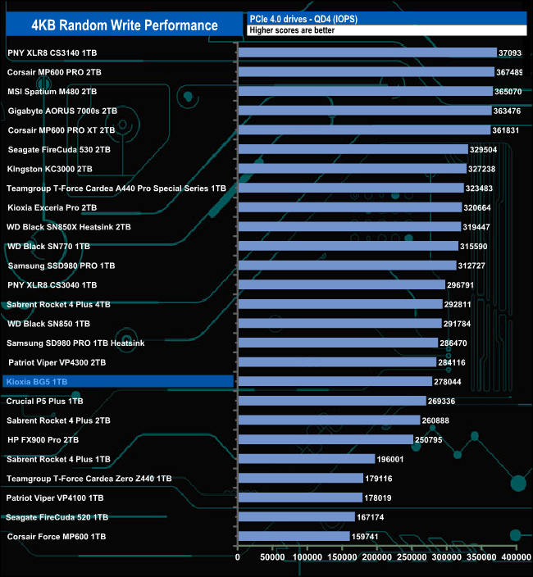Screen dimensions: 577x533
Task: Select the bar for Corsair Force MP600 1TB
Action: tap(293, 536)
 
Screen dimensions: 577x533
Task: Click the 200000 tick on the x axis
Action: tap(377, 557)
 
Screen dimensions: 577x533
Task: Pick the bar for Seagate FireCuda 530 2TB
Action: tap(352, 149)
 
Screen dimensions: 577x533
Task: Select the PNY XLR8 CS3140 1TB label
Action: tap(57, 52)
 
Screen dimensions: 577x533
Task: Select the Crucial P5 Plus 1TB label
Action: tap(45, 401)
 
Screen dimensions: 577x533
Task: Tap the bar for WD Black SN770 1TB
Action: tap(348, 246)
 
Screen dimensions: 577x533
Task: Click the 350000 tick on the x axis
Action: tap(481, 557)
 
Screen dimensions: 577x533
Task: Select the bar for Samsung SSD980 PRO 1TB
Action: tap(346, 266)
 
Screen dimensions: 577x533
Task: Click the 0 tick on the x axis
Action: tap(238, 557)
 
